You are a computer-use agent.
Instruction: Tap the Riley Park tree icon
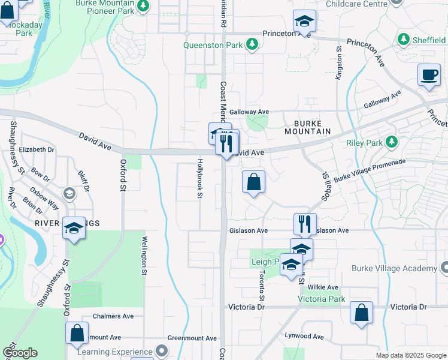(392, 142)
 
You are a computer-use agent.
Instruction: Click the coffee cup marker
(429, 75)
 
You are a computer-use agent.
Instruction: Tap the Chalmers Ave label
(113, 316)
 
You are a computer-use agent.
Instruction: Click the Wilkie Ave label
(324, 287)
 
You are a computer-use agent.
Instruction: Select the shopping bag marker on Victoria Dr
(361, 313)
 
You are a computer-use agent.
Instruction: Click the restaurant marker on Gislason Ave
(305, 224)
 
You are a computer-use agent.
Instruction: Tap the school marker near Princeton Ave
(304, 22)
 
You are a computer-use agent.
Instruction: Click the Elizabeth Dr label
(37, 149)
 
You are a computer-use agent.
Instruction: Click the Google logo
(20, 353)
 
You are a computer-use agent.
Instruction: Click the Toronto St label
(262, 286)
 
